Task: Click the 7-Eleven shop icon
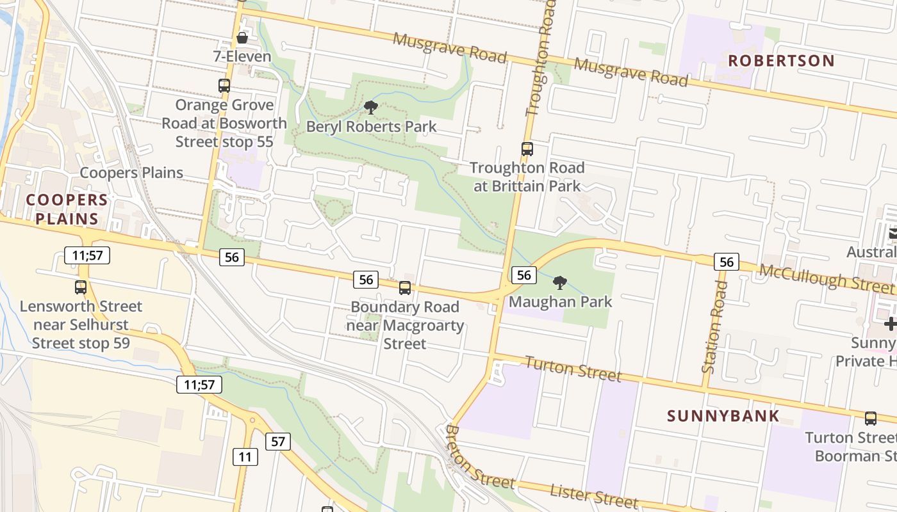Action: click(242, 38)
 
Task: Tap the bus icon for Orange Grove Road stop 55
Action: click(224, 85)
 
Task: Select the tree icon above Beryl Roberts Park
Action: click(370, 107)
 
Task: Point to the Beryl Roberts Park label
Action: click(371, 127)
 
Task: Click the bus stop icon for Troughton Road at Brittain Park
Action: click(527, 149)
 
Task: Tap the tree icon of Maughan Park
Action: click(560, 282)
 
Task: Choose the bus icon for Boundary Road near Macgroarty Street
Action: click(405, 288)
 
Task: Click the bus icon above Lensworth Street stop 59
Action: click(81, 287)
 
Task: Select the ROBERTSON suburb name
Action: click(781, 61)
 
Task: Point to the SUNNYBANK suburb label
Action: click(723, 416)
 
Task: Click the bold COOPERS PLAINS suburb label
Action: click(67, 209)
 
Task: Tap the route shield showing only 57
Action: click(277, 441)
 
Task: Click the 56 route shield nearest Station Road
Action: click(726, 262)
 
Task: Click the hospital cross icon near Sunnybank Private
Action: click(889, 324)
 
